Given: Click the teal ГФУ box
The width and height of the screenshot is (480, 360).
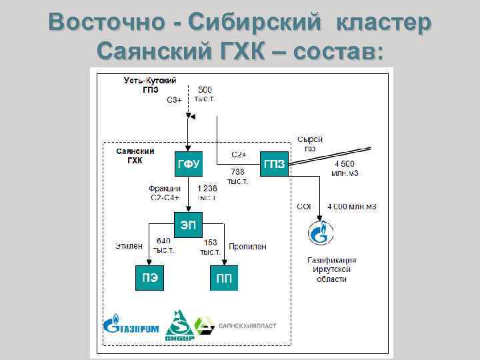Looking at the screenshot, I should click(188, 163).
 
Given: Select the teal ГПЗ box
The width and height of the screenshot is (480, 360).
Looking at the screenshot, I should click(275, 164).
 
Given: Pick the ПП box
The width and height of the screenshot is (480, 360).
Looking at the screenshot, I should click(225, 278).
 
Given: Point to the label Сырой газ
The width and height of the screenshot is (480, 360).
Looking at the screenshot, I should click(310, 143).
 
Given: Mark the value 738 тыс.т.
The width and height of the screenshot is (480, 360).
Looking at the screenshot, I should click(237, 176).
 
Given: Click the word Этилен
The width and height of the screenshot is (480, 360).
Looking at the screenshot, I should click(128, 246).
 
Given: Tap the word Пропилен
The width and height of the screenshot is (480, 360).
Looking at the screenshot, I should click(247, 246).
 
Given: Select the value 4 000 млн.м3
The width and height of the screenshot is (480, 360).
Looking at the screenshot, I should click(352, 207).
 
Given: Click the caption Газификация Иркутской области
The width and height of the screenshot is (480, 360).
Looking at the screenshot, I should click(331, 269).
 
